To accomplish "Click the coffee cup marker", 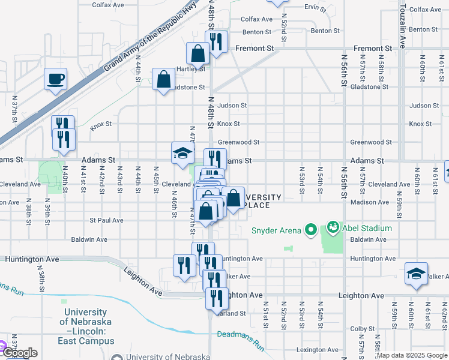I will [55, 79].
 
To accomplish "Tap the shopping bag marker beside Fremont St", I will [197, 54].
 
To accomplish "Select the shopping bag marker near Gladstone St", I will [164, 79].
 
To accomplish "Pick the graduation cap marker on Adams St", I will [182, 154].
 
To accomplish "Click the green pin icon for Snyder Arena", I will [310, 229].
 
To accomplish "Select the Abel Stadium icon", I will [333, 228].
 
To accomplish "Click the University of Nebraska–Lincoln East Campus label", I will [86, 326].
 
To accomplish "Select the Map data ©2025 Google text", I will [412, 355].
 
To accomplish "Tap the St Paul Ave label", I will [106, 220].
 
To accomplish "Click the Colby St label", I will [363, 329].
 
